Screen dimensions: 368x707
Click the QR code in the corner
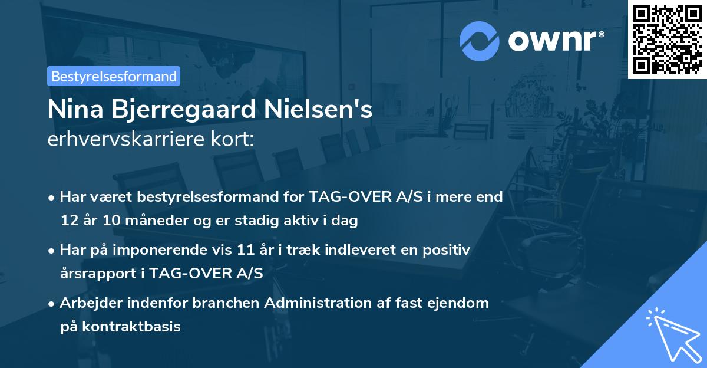pyautogui.click(x=668, y=39)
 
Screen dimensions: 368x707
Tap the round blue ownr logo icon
pyautogui.click(x=480, y=41)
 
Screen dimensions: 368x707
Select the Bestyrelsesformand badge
pyautogui.click(x=114, y=76)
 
